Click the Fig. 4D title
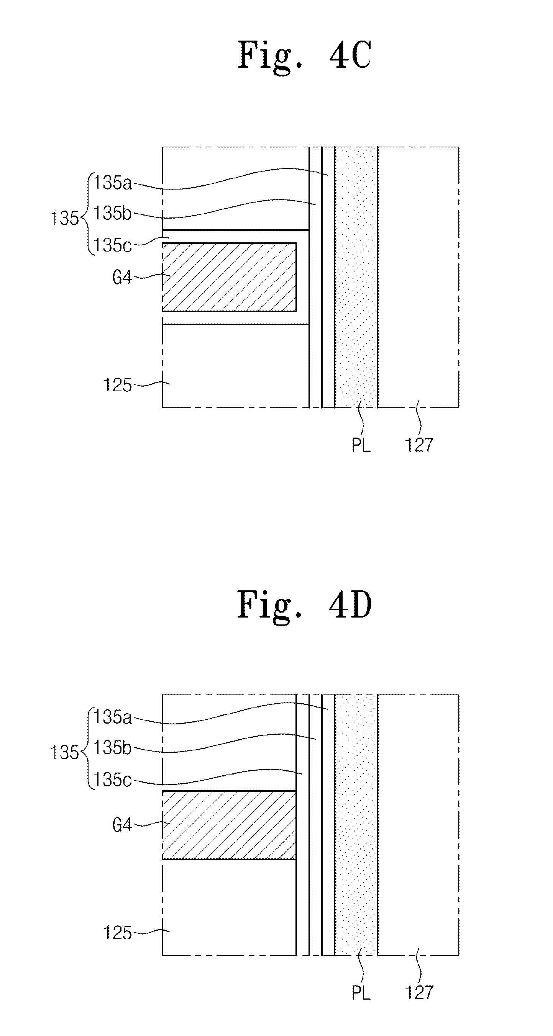coord(304,605)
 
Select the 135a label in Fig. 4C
coord(113,183)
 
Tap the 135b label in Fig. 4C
coord(112,213)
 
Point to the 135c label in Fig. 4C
coord(112,245)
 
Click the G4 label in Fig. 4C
coord(122,277)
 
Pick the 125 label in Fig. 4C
coord(117,385)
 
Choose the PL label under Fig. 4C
coord(361,445)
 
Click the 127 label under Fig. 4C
coord(419,445)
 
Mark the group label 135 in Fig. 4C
coord(64,218)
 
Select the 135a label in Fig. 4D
coord(113,717)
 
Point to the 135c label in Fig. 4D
coord(112,780)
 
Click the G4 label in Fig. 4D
coord(122,825)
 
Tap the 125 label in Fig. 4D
coord(117,933)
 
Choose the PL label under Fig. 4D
coord(361,992)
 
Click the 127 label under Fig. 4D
coord(419,992)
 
